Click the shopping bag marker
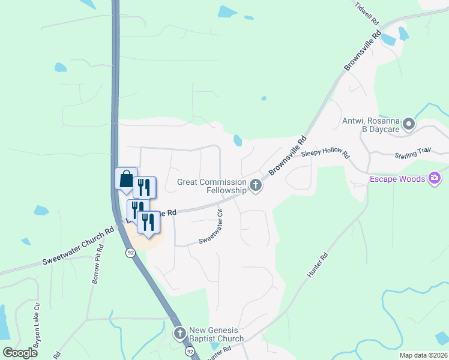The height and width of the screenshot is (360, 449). click(126, 179)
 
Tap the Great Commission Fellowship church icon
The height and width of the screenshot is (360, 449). click(256, 185)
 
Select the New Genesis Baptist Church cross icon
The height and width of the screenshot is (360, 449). click(179, 334)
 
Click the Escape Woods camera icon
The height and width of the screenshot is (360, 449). click(435, 178)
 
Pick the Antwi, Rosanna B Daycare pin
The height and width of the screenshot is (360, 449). click(409, 125)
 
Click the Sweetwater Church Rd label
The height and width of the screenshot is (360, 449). click(78, 247)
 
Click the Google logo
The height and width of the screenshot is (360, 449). click(20, 353)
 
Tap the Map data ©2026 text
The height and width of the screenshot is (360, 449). click(424, 355)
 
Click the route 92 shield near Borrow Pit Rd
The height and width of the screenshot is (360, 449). click(130, 253)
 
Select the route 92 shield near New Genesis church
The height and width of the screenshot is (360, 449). click(190, 350)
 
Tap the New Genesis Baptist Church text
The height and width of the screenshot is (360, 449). click(216, 334)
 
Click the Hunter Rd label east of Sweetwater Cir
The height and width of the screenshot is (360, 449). click(318, 265)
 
